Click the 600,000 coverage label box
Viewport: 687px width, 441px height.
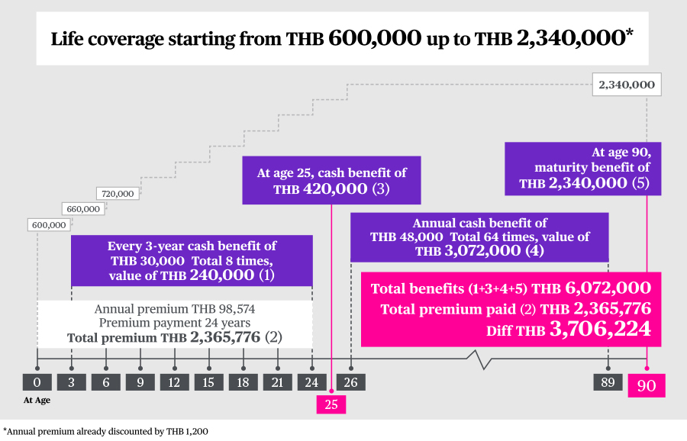pos(50,225)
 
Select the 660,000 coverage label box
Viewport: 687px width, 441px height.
pos(82,209)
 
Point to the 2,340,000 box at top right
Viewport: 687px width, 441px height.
pos(627,85)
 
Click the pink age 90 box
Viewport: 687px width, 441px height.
pos(647,385)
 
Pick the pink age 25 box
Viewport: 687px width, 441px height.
pos(331,404)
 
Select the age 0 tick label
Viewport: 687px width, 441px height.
pos(37,382)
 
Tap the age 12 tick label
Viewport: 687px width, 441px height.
pos(174,382)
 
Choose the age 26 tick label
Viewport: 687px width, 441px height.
pos(351,382)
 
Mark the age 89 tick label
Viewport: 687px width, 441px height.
pos(608,382)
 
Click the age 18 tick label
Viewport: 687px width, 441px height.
pos(243,382)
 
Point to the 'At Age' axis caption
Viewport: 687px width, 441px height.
pos(37,400)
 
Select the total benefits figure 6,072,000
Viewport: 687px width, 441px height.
pos(608,288)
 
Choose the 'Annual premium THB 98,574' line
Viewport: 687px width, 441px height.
pos(175,309)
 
